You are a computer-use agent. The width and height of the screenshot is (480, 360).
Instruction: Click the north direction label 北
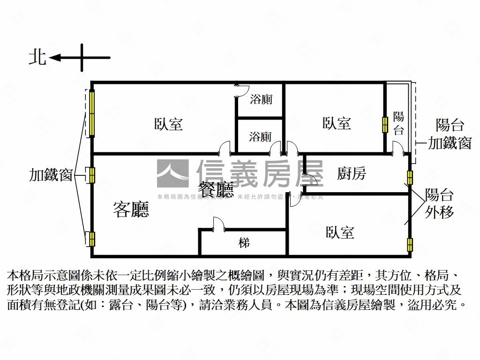[37, 57]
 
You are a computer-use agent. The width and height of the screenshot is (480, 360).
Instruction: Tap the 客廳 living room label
[131, 209]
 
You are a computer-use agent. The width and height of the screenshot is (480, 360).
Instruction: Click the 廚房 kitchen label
[352, 174]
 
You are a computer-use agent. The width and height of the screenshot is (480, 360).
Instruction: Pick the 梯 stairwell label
[244, 243]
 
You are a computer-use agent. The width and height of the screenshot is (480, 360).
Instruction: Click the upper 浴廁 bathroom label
[261, 99]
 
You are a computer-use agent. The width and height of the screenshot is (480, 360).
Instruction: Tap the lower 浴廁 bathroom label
[260, 137]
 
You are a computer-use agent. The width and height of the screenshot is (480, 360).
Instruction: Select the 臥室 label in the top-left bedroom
[168, 124]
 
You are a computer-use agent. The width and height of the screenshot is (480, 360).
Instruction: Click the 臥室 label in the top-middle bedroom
[337, 123]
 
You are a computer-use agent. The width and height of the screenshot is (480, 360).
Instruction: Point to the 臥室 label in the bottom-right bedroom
[340, 232]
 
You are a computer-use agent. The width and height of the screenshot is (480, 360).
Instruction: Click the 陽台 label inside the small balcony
[398, 123]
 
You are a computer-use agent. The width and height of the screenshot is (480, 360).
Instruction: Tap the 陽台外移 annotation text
[439, 203]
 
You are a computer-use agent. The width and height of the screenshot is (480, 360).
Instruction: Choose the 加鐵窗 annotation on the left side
[51, 175]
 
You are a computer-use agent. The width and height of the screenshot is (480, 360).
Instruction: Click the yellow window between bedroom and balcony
[385, 124]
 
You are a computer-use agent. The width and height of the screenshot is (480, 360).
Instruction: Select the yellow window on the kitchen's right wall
[410, 177]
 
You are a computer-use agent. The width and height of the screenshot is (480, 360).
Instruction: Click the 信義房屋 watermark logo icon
[172, 174]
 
